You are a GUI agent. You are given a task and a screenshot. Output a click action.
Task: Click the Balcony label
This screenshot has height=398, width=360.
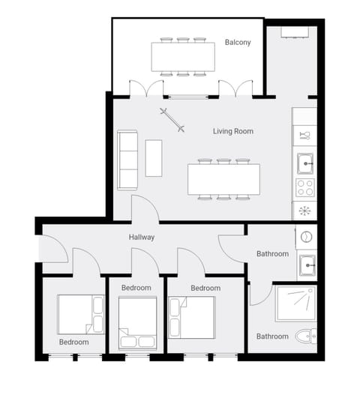(x=238, y=43)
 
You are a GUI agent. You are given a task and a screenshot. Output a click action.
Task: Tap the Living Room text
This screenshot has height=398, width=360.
(x=232, y=131)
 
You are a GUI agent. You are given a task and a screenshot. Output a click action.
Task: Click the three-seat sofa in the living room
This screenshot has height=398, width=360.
(x=127, y=160)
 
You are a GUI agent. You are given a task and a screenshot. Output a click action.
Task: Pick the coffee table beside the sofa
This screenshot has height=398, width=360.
(x=154, y=157)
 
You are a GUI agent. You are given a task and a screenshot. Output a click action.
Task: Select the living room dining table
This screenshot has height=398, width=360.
(x=223, y=179)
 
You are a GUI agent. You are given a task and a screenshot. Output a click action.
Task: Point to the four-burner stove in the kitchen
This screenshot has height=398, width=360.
(x=305, y=187)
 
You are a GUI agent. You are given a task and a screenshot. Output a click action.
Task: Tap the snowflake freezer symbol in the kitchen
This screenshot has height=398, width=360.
(x=305, y=211)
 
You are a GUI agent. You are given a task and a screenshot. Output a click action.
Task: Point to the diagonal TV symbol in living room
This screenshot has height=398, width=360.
(x=172, y=120)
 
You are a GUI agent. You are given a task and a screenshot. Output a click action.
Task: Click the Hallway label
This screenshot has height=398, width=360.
(x=141, y=238)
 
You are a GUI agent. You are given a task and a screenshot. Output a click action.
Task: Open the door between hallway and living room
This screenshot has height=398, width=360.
(x=144, y=210)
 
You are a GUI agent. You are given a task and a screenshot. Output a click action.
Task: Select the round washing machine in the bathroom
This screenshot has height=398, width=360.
(x=306, y=236)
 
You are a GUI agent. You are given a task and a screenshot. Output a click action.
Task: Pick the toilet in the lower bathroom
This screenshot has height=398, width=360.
(x=305, y=337)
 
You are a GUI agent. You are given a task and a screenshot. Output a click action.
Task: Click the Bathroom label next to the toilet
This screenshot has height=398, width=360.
(x=272, y=337)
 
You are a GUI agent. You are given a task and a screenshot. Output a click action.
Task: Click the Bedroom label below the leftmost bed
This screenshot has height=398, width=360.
(x=74, y=342)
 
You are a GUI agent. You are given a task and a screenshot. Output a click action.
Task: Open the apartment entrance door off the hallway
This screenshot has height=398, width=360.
(x=52, y=250)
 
